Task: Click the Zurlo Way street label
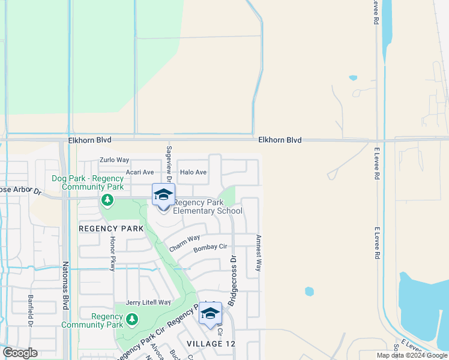click(114, 160)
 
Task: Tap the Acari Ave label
click(141, 172)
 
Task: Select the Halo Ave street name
click(193, 172)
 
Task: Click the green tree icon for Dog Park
click(107, 200)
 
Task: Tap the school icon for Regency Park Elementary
click(163, 195)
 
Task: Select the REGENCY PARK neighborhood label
click(112, 229)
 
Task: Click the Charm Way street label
click(184, 243)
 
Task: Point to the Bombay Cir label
click(210, 247)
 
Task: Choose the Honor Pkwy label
click(112, 253)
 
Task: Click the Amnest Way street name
click(259, 253)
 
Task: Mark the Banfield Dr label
click(29, 311)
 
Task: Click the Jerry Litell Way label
click(148, 302)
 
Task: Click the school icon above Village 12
click(210, 313)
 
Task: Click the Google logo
click(20, 353)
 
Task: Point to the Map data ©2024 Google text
click(412, 355)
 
